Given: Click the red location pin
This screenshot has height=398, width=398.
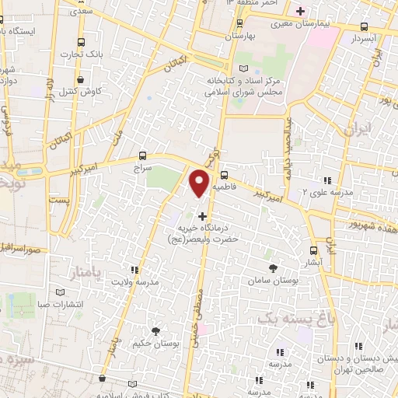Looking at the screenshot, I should [200, 183].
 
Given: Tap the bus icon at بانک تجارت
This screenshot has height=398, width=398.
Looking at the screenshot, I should [82, 42].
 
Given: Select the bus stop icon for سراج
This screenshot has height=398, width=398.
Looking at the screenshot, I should [141, 155].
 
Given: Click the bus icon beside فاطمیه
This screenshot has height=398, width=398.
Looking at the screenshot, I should [224, 176].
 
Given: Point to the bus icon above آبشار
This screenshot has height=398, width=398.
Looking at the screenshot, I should [314, 250].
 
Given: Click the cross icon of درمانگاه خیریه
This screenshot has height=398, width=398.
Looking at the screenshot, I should [203, 215].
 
